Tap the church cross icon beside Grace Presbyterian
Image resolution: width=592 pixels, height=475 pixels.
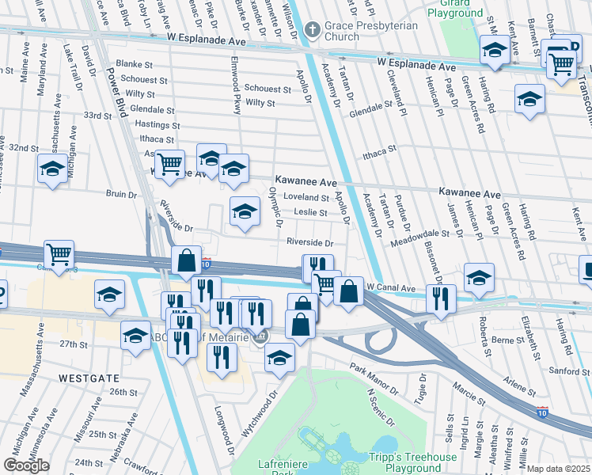(313, 30)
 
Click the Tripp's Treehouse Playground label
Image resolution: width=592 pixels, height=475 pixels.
(412, 463)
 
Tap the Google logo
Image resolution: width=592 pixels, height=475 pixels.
(26, 465)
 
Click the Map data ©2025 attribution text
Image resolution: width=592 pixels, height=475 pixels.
(559, 469)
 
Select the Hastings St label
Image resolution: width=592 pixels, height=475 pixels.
(153, 124)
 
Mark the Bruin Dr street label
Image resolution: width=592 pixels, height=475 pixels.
(121, 192)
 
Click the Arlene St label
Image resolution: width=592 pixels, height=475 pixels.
(521, 388)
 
